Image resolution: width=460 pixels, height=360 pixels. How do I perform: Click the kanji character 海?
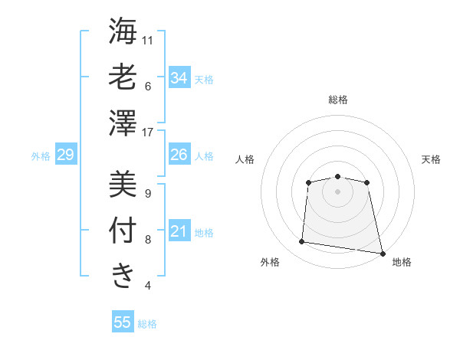point(123,31)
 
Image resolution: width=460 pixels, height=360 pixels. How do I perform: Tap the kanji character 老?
point(123,77)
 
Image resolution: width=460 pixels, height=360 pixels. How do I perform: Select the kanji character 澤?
point(123,123)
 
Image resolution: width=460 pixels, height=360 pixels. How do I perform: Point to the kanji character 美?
point(123,184)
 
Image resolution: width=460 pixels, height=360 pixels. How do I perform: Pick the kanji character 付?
point(123,230)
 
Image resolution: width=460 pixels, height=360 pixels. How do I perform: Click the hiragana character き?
point(123,275)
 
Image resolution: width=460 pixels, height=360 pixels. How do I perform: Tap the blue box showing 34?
point(179,77)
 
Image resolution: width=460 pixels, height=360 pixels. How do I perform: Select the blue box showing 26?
point(179,155)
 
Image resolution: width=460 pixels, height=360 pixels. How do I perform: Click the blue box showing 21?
point(179,231)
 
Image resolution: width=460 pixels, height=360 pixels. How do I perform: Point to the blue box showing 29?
point(65,155)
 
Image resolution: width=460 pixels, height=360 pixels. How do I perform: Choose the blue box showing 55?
point(123,322)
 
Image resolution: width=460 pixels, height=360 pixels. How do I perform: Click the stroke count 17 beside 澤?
point(149,132)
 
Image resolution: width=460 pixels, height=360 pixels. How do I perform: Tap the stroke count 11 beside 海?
point(149,39)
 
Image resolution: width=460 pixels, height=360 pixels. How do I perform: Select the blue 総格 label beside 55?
point(147,324)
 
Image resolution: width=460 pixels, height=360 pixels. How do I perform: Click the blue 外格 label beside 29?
point(41,156)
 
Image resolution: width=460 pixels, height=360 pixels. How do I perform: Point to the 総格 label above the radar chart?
point(337,100)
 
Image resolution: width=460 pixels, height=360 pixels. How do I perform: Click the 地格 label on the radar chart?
point(402,262)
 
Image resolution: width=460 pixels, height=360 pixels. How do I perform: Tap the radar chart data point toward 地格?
point(382,253)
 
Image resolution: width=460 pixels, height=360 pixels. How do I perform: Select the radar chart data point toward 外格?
point(302,242)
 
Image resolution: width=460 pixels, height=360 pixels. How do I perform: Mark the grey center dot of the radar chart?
point(337,191)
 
